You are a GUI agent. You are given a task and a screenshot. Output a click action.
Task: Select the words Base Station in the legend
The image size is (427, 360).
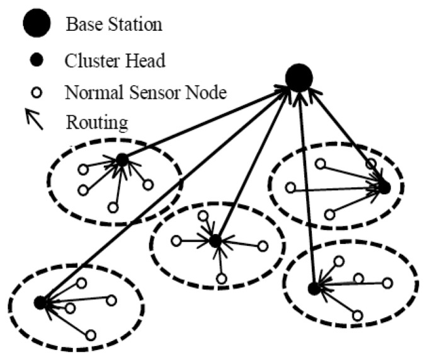pos(114,25)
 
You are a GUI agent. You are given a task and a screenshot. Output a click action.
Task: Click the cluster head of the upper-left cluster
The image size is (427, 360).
pos(122,161)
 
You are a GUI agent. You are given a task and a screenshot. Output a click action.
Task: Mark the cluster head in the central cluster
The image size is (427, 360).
pos(215,240)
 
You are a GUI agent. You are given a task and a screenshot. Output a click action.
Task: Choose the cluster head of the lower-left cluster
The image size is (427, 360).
pos(40,303)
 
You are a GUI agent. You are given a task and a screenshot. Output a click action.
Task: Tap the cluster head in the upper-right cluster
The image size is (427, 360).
pos(384,187)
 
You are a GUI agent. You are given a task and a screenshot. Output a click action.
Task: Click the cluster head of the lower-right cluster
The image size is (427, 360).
pos(313,289)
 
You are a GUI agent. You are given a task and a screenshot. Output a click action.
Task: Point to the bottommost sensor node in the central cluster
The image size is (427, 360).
pos(221,279)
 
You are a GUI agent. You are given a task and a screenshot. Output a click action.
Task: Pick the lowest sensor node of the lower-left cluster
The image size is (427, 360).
pos(91,335)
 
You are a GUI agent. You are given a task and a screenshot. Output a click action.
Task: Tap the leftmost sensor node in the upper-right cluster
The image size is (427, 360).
pos(290,187)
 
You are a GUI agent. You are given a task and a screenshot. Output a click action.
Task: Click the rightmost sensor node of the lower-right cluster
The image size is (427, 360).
pos(388,282)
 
